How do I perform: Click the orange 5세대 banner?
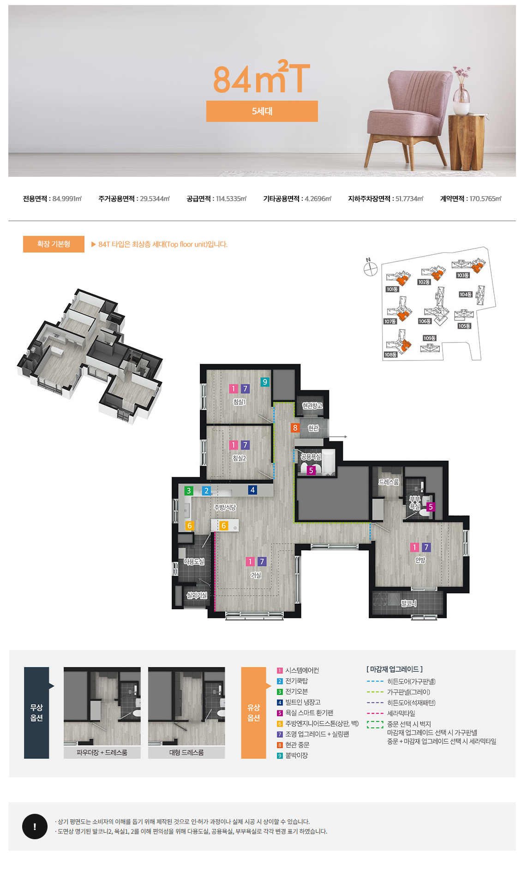(x=262, y=111)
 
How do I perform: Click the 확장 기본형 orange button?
(x=54, y=244)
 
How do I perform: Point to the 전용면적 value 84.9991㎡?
(x=67, y=199)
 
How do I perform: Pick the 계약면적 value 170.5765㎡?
(x=485, y=199)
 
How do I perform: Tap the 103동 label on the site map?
(x=463, y=275)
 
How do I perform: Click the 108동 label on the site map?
(x=390, y=355)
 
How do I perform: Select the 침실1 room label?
(x=239, y=402)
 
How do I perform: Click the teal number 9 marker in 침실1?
(x=264, y=382)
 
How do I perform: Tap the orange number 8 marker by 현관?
(x=295, y=428)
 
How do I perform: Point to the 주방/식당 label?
(x=225, y=507)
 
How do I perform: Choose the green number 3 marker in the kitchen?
(x=188, y=491)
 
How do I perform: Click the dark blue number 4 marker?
(x=252, y=490)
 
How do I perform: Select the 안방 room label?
(x=420, y=560)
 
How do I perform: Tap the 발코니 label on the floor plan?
(x=409, y=603)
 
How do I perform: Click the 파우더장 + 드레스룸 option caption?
(x=102, y=752)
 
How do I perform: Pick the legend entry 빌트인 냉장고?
(x=303, y=702)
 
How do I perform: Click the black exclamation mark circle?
(x=35, y=826)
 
